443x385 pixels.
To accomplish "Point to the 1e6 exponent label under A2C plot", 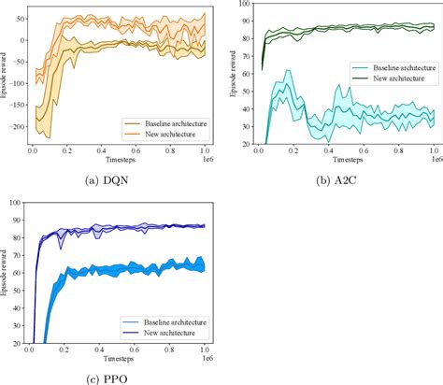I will pyautogui.click(x=434, y=162).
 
